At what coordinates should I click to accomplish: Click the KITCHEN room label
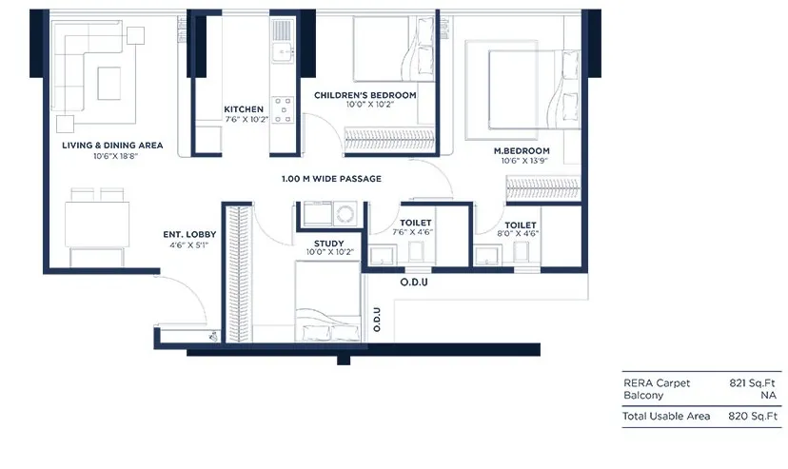tap(244, 109)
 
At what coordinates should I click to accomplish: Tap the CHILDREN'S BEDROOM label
tap(365, 95)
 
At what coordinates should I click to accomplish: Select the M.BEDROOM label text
tap(522, 150)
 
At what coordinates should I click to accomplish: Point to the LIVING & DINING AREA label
tap(112, 146)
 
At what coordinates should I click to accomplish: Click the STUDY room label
tap(329, 244)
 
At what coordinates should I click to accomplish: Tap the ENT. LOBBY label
tap(189, 234)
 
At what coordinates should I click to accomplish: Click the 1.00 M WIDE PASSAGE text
tap(331, 179)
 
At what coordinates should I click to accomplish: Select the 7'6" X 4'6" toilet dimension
tap(413, 232)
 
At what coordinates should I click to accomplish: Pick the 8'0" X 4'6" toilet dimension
tap(518, 233)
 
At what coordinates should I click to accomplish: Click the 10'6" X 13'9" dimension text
tap(524, 161)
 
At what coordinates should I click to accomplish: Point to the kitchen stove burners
tap(284, 110)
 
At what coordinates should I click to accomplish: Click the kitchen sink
tap(284, 52)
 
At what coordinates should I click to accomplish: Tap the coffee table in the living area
tap(109, 84)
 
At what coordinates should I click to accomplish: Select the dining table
tap(97, 225)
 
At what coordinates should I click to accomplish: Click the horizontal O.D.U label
tap(414, 283)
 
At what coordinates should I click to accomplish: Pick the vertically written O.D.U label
tap(377, 320)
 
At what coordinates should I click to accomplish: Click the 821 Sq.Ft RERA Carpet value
tap(753, 383)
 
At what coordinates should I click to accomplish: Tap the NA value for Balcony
tap(768, 395)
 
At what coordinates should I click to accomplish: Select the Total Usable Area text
tap(666, 417)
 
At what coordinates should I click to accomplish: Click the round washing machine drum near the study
tap(345, 214)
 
